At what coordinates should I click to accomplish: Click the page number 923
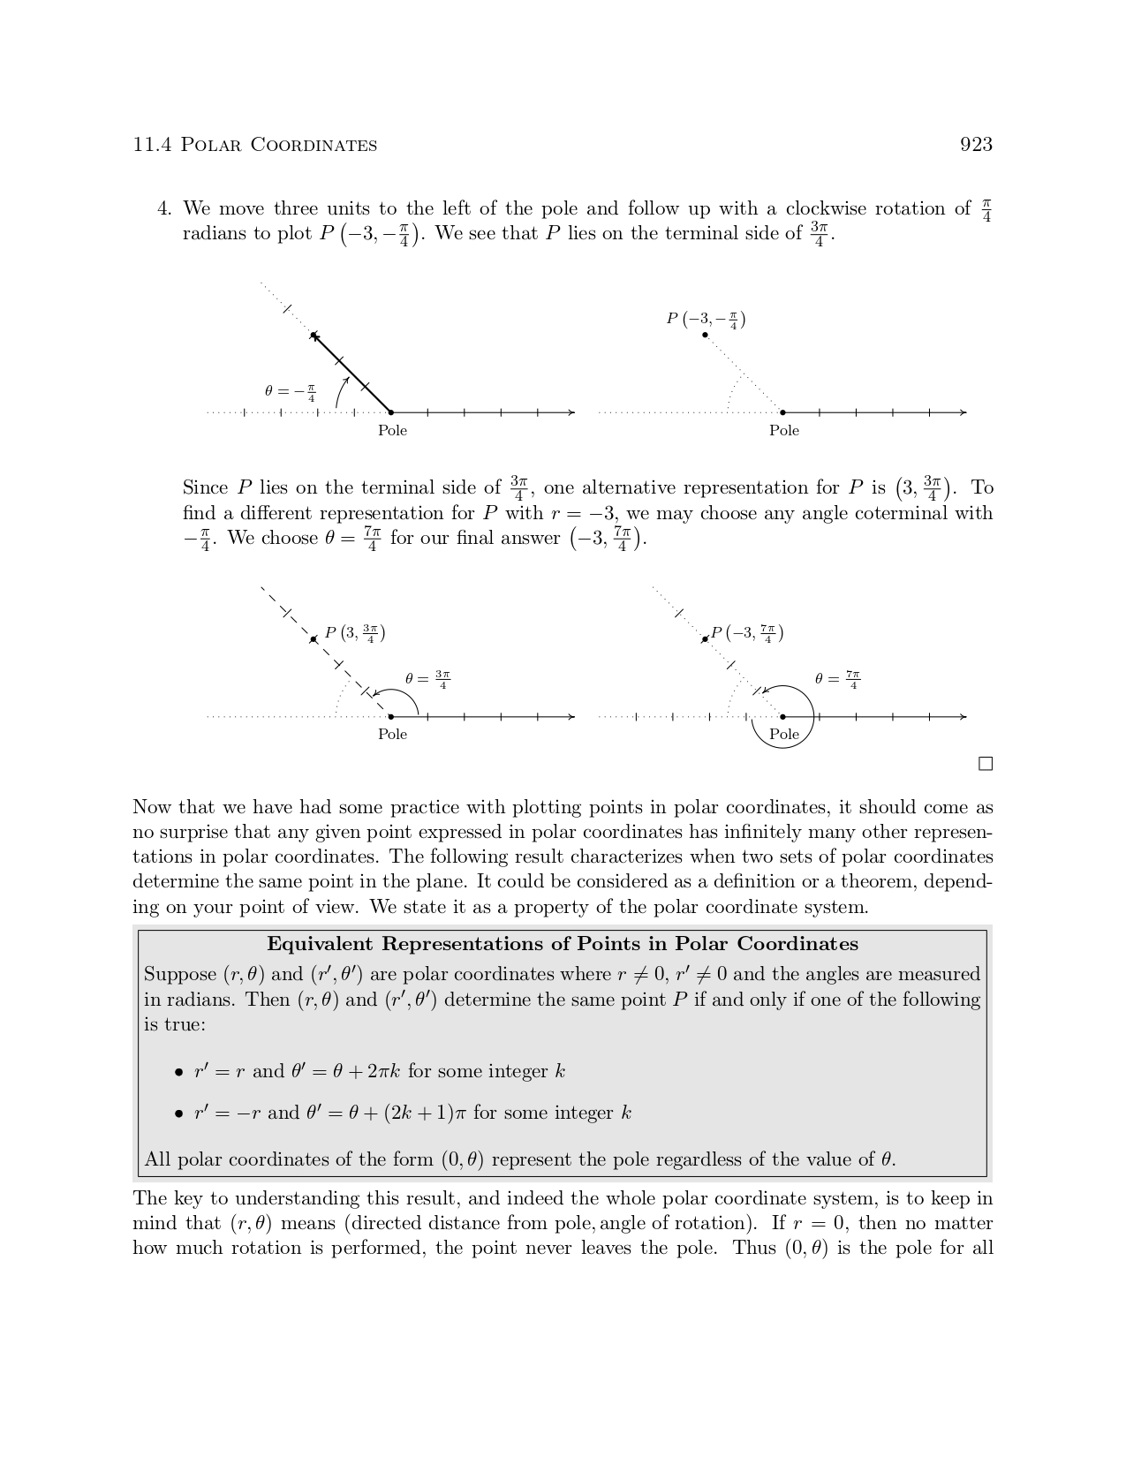[976, 145]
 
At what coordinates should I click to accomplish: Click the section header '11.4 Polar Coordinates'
[254, 145]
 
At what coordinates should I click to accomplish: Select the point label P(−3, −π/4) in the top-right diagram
[706, 320]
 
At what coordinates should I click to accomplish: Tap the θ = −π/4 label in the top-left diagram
[290, 391]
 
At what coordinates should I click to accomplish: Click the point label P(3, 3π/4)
[354, 633]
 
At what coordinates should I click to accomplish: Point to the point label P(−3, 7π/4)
[747, 633]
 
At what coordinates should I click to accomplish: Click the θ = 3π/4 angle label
[427, 679]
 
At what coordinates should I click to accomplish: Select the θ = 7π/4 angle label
[837, 679]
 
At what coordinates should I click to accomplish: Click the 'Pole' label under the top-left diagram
[392, 431]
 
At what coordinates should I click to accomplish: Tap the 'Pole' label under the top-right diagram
[783, 431]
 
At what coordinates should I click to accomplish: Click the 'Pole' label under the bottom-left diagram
[392, 735]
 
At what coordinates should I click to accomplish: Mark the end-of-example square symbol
[986, 764]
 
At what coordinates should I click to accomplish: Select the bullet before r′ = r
[179, 1073]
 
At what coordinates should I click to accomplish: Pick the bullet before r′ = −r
[179, 1114]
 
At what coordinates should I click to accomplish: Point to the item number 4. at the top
[163, 209]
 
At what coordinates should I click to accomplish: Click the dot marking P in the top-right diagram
[705, 336]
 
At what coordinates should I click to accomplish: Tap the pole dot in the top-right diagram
[783, 412]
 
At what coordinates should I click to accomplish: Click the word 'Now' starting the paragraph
[152, 808]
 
